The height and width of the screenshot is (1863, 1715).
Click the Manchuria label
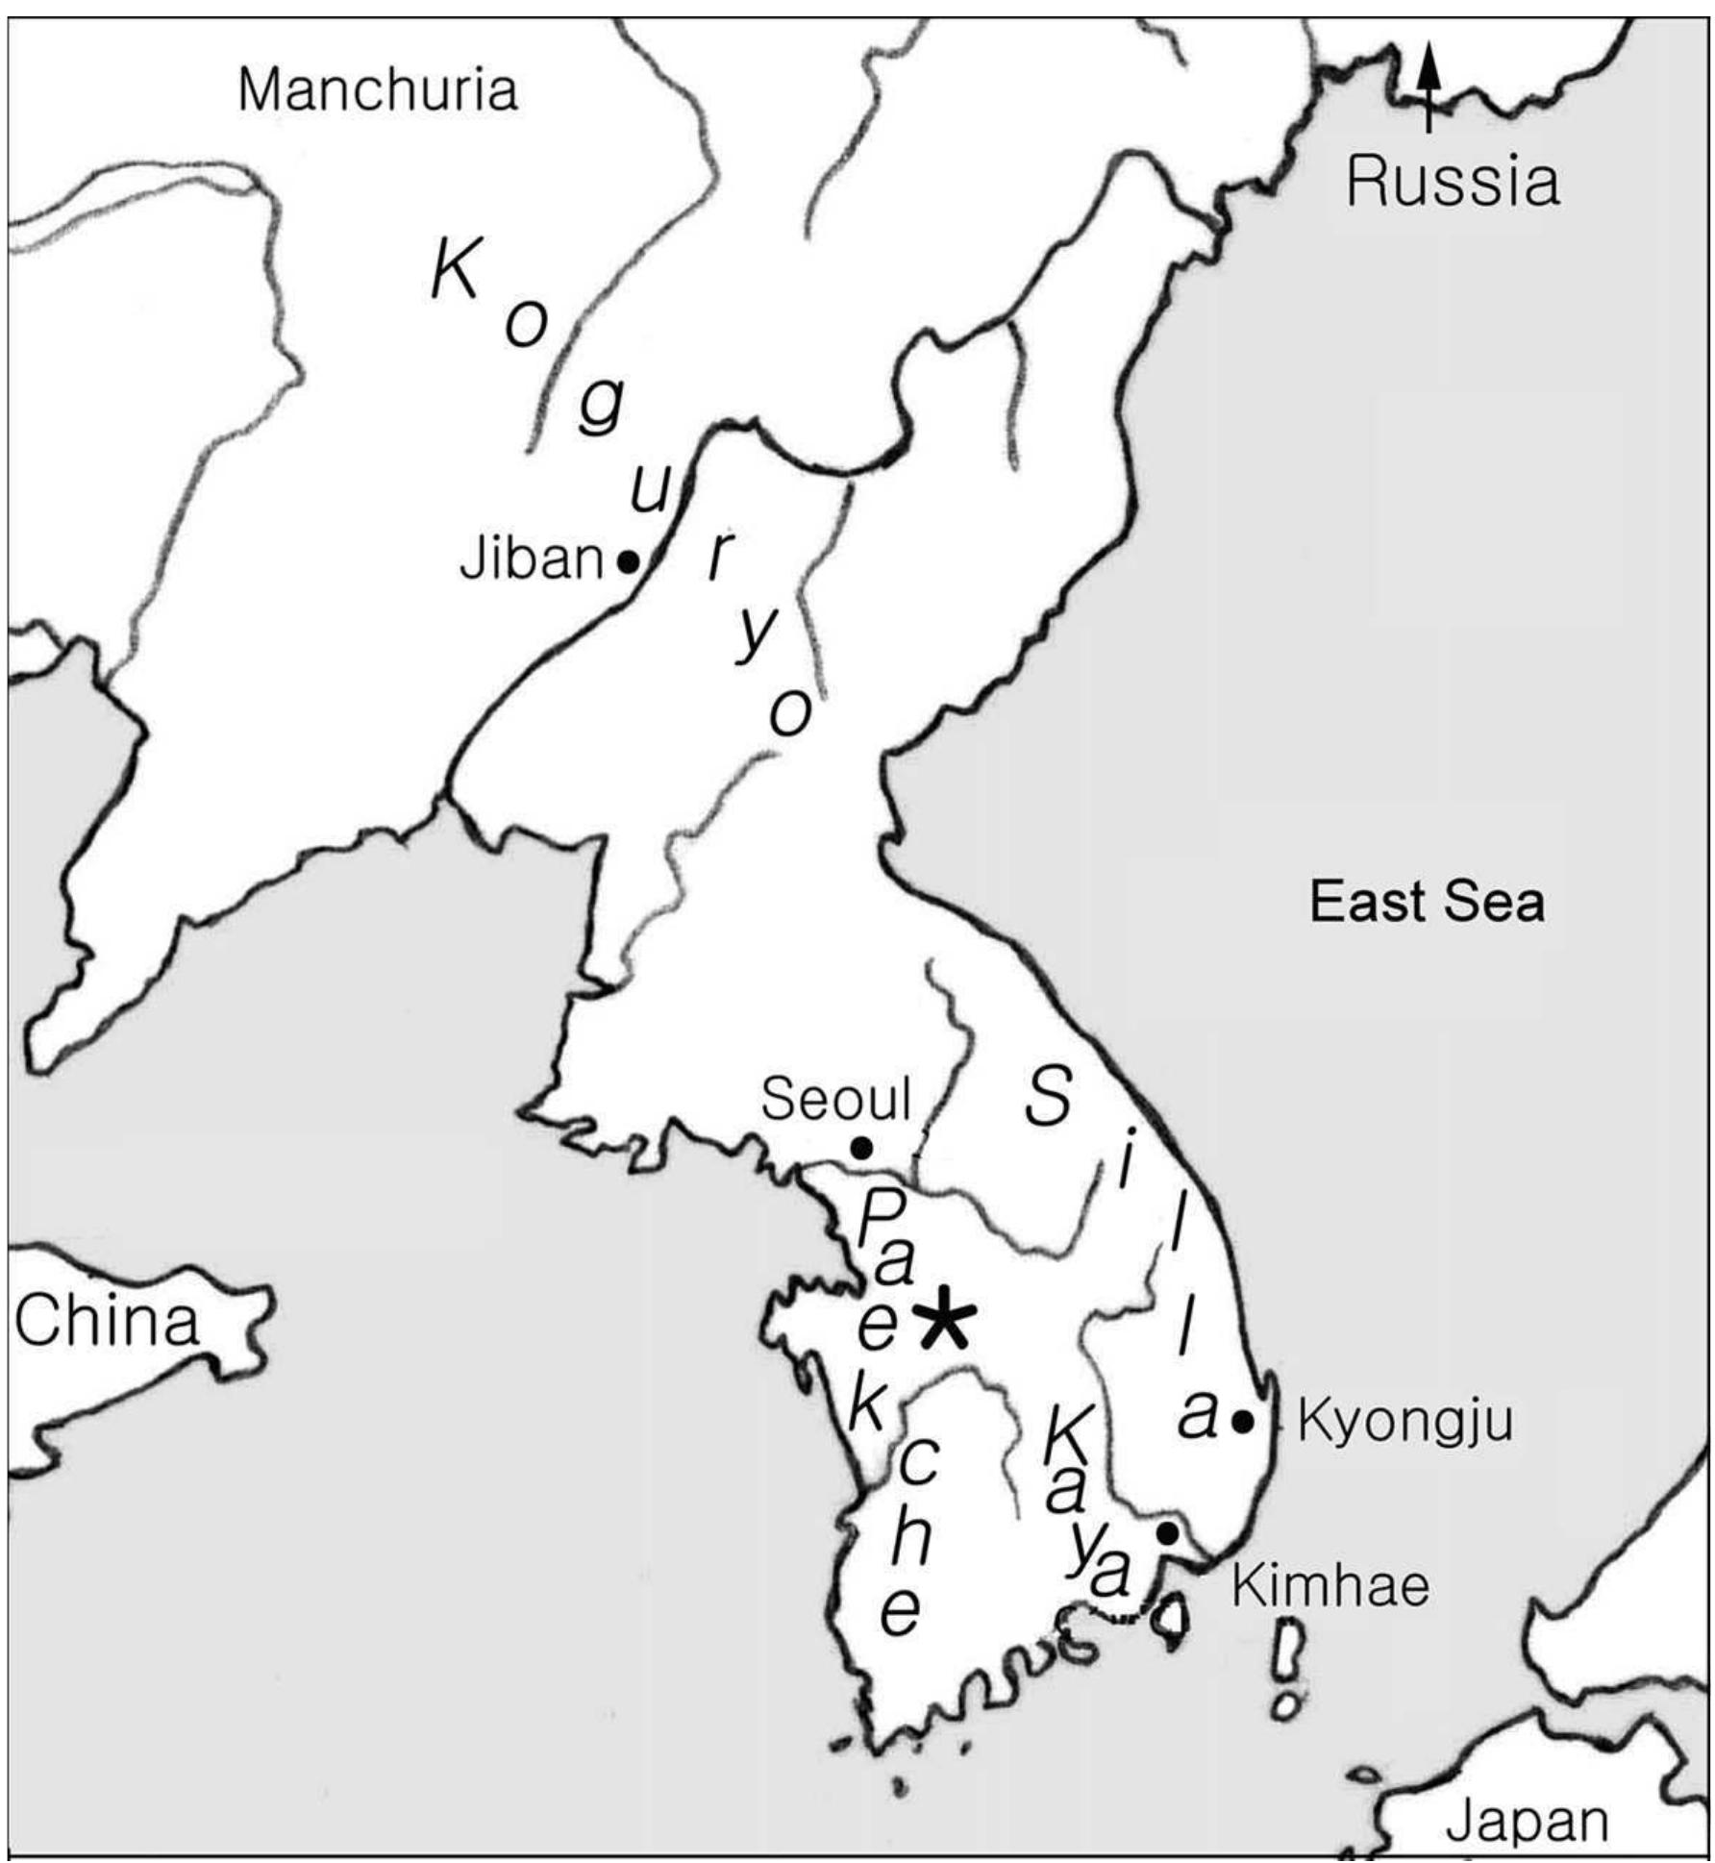(378, 90)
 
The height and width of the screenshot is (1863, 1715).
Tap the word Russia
(1452, 182)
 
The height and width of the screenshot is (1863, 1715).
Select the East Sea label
(1427, 903)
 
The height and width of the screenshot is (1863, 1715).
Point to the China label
(107, 1321)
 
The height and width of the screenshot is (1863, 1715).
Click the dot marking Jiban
(627, 561)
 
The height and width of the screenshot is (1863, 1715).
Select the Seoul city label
(835, 1098)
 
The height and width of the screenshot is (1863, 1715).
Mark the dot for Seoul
(862, 1147)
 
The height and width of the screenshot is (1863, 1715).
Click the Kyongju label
(1405, 1421)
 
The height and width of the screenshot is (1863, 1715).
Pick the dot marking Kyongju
(1243, 1420)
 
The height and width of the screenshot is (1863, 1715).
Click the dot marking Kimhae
(1167, 1532)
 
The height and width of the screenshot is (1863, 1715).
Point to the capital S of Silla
(1047, 1097)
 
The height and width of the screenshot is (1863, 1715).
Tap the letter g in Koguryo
(601, 407)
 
